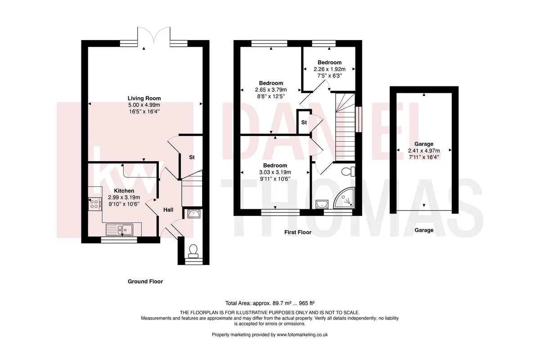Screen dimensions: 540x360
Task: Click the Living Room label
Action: (144, 99)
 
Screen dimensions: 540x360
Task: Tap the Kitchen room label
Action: (124, 191)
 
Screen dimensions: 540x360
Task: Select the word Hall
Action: (168, 210)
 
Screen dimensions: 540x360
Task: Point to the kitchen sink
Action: (119, 229)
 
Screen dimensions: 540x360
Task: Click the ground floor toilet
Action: (193, 251)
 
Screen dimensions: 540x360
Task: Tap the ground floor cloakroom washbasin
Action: (193, 214)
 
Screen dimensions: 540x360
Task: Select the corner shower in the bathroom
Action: (344, 198)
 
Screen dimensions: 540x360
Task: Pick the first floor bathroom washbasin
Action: (322, 204)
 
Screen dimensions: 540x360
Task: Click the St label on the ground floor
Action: (192, 157)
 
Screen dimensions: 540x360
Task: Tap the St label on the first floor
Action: (304, 122)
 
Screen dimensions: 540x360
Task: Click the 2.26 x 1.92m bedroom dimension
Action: (329, 69)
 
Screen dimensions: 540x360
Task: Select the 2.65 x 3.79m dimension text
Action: (271, 90)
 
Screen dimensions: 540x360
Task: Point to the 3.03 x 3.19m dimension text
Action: (275, 172)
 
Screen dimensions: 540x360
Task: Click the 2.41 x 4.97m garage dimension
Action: (424, 151)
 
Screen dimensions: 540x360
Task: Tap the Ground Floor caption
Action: (145, 281)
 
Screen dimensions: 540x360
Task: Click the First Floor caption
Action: (298, 232)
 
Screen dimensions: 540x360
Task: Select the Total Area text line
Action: (270, 303)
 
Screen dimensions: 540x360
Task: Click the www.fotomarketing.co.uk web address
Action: (302, 335)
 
